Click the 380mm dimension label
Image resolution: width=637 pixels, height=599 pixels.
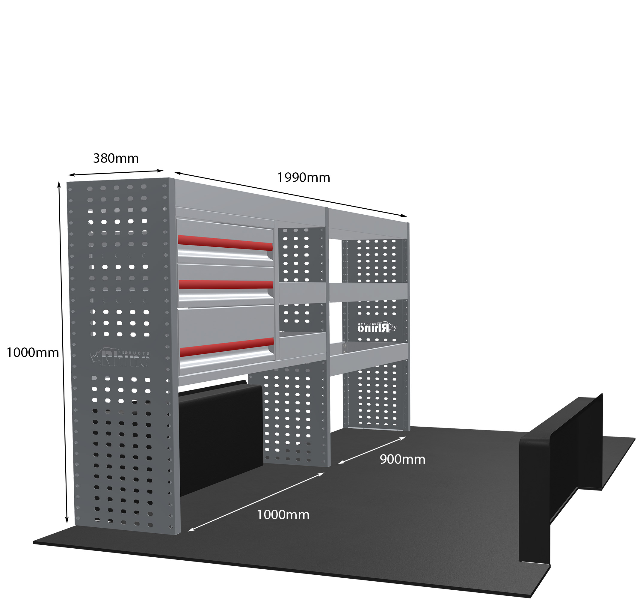pos(116,158)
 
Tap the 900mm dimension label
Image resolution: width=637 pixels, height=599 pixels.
pos(402,460)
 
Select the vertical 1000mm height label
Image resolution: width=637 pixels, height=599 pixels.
pos(33,353)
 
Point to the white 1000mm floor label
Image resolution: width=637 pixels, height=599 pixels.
pos(283,515)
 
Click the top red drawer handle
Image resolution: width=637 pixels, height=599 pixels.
pos(225,243)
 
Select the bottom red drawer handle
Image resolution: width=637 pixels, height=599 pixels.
pos(227,347)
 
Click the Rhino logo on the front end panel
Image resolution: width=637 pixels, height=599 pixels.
pos(120,357)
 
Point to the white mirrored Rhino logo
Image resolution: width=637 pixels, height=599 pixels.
pos(377,327)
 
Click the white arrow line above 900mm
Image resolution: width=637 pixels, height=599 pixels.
pos(372,450)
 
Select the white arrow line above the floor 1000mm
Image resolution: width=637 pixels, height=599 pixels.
pos(256,502)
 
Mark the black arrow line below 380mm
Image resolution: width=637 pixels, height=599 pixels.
pos(116,173)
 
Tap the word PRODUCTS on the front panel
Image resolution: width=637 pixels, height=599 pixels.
pos(134,353)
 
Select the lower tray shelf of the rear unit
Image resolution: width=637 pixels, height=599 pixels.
pos(369,358)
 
